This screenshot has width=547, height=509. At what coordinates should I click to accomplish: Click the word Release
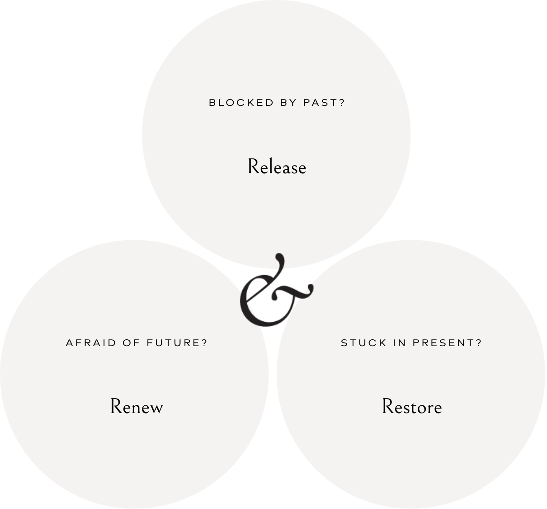[277, 167]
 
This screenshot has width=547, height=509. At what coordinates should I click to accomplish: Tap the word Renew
[137, 406]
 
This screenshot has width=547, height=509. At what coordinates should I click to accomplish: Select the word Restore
[412, 406]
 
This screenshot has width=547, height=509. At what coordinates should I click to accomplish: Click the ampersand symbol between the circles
[273, 292]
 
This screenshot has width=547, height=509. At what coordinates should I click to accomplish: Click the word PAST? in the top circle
[324, 103]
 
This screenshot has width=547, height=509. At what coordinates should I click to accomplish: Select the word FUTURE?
[177, 343]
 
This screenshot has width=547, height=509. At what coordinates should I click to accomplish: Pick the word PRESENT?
[448, 343]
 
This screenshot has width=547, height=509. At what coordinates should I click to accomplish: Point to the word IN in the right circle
[400, 343]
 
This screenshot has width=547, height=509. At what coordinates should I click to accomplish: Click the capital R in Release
[253, 166]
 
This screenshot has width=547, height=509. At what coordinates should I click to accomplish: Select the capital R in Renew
[116, 406]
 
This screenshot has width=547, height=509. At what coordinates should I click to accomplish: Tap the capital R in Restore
[388, 406]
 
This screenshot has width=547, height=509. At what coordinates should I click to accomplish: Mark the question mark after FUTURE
[204, 343]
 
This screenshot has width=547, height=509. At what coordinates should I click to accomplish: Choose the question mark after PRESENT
[479, 343]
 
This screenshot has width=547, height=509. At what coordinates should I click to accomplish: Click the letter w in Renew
[156, 408]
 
